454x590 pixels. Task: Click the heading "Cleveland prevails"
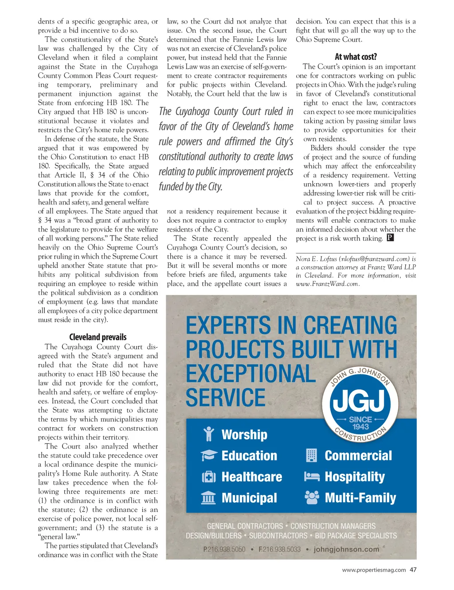tap(98, 337)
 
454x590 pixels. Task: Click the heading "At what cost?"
tap(356, 57)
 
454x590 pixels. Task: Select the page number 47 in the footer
tap(413, 570)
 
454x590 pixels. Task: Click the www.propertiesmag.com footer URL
tap(374, 570)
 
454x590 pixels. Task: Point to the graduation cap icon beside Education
tap(209, 456)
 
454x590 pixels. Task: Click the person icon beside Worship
tap(209, 434)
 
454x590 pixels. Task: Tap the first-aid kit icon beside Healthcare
tap(209, 477)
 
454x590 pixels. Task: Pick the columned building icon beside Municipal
tap(209, 498)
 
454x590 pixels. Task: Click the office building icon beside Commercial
tap(312, 456)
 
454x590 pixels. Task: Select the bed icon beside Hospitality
tap(312, 477)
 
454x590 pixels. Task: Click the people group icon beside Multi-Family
tap(312, 498)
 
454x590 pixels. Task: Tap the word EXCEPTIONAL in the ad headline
tap(250, 374)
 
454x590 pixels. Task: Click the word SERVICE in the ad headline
tap(226, 398)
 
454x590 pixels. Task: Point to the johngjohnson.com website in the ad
tap(346, 549)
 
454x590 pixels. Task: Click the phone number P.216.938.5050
tap(224, 549)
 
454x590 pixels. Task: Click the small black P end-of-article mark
tap(390, 238)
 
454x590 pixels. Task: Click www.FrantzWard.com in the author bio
tap(327, 284)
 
